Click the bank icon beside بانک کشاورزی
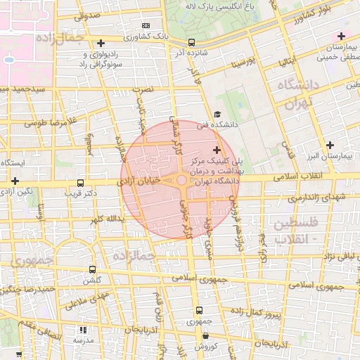pos(146,25)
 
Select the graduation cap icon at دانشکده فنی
pos(217,115)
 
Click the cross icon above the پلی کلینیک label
pos(216,150)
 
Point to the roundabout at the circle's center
pos(181,181)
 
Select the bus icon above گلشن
pos(92,269)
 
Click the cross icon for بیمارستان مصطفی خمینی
pos(341,36)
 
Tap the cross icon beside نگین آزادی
pos(15,181)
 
